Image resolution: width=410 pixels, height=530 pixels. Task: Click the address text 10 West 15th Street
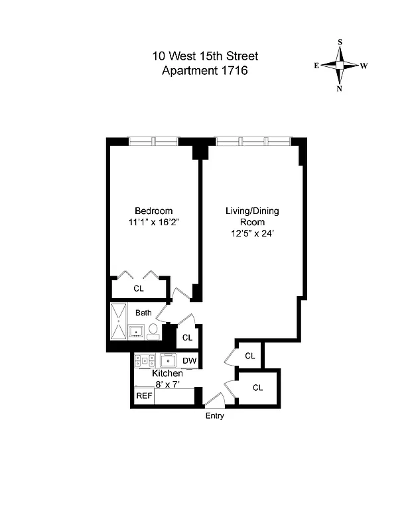click(x=205, y=58)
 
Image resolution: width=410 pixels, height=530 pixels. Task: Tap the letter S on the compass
click(x=340, y=42)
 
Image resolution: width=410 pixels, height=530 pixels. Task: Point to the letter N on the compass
click(x=340, y=89)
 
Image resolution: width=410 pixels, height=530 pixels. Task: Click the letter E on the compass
click(x=316, y=66)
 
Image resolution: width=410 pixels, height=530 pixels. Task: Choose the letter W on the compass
click(x=364, y=66)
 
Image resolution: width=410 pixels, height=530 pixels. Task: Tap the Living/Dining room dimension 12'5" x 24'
click(x=252, y=234)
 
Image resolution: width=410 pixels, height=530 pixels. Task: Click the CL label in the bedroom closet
click(x=138, y=288)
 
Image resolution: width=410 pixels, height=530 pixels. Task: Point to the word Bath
click(x=143, y=313)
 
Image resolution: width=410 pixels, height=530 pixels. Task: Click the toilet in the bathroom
click(x=153, y=330)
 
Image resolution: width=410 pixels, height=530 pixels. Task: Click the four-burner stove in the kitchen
click(x=145, y=360)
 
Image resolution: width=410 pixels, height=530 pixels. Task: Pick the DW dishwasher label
click(x=189, y=361)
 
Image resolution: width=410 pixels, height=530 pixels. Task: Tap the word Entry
click(x=214, y=416)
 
